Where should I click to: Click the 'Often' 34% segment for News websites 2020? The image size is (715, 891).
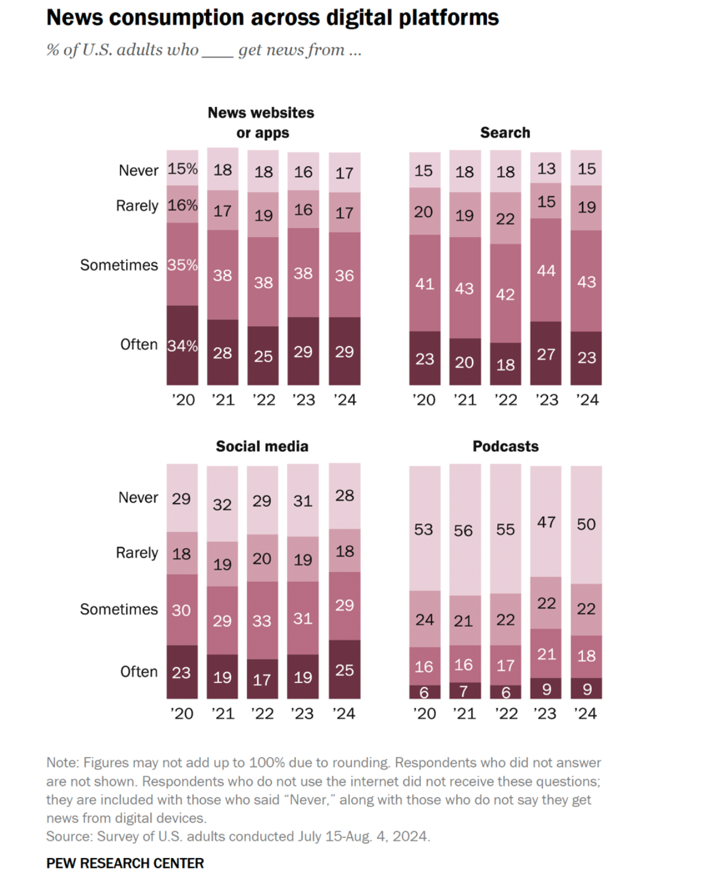pos(183,346)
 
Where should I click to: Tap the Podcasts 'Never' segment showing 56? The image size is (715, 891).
pos(465,530)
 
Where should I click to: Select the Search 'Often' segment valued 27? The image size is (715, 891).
pos(546,354)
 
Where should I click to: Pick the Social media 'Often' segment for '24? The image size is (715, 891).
pos(345,670)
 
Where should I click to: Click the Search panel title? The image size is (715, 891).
pos(505,133)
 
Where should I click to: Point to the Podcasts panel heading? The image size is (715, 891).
pos(505,446)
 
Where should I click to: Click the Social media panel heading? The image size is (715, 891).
pos(262,446)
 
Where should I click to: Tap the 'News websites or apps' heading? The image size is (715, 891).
pos(262,122)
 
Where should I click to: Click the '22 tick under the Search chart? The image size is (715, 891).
pos(505,400)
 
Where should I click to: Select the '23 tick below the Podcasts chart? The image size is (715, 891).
pos(545,713)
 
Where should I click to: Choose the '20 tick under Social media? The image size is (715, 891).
pos(182,713)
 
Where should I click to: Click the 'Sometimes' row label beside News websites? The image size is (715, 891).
pos(119,265)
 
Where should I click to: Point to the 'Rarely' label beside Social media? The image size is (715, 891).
pos(137,553)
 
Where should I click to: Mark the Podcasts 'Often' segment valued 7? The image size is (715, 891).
pos(465,691)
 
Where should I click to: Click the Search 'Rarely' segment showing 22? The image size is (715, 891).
pos(505,218)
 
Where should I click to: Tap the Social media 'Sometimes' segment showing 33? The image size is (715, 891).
pos(262,620)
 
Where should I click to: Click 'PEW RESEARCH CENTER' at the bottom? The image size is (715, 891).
pos(125,863)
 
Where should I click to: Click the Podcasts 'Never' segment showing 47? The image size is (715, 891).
pos(546,522)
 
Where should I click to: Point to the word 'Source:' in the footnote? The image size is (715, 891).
pos(70,836)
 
